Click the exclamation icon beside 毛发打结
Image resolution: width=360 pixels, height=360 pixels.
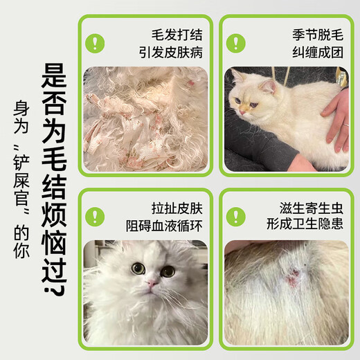[x=95, y=42]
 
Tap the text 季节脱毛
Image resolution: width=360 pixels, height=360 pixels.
[x=314, y=33]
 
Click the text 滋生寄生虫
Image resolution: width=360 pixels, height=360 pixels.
[x=308, y=206]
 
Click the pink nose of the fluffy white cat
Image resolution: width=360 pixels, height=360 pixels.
[x=152, y=284]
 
